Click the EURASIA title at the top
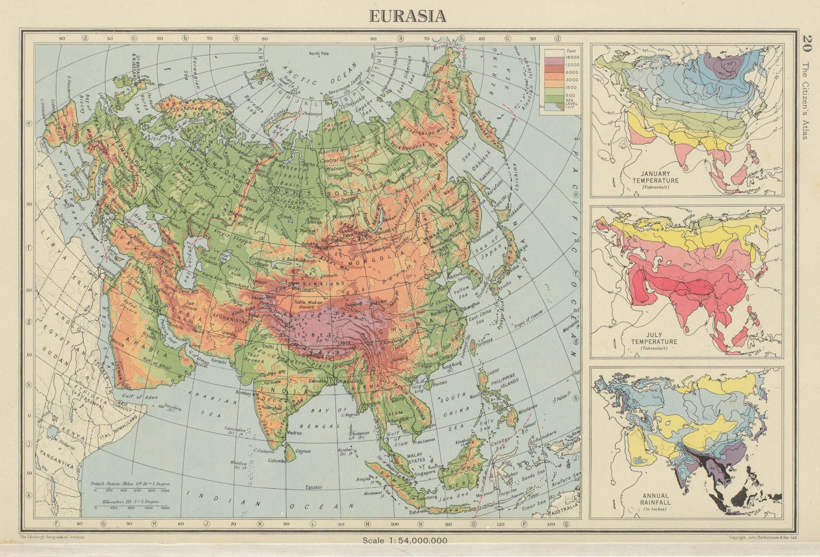tap(408, 16)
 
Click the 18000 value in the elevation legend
tap(571, 58)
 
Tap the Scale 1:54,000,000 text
tap(405, 540)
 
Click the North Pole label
tap(321, 53)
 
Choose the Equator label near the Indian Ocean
tap(313, 487)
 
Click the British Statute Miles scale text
tap(130, 484)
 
